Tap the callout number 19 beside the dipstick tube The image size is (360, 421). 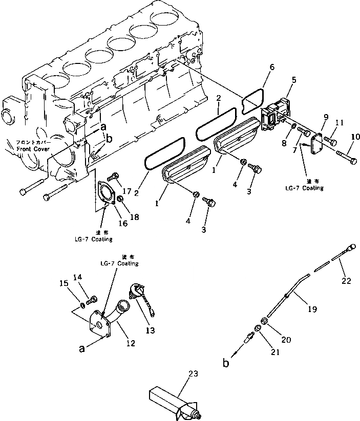(x=312, y=309)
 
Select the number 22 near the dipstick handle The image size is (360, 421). (x=347, y=280)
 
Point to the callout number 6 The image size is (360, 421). (x=272, y=68)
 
